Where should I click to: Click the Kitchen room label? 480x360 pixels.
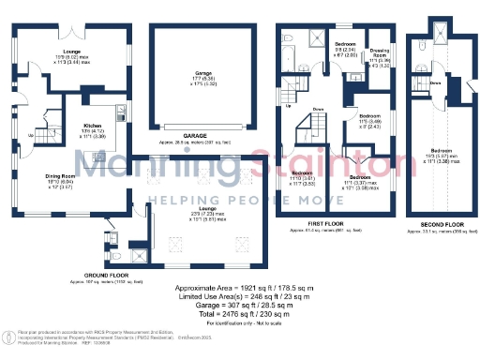pyautogui.click(x=94, y=125)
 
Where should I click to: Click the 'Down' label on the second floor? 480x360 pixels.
pyautogui.click(x=436, y=82)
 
